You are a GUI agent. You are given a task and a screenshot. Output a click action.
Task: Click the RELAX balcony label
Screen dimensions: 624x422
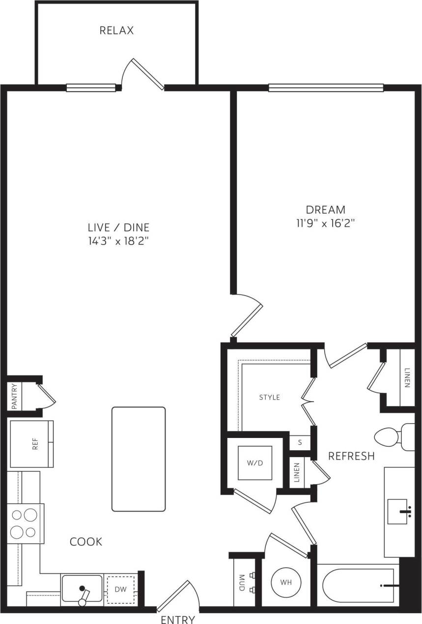(116, 30)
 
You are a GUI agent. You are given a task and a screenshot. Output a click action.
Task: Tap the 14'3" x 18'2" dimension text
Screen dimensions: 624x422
(118, 241)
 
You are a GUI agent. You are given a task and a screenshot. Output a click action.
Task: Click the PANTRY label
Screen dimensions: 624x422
(14, 396)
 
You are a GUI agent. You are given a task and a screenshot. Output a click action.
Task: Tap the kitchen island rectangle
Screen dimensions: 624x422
(139, 459)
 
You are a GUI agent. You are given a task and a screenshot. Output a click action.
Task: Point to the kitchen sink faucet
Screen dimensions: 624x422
(84, 594)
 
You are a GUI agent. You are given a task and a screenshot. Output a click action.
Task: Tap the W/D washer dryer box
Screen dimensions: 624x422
(255, 462)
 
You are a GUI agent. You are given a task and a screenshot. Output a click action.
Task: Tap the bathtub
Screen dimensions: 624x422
(357, 586)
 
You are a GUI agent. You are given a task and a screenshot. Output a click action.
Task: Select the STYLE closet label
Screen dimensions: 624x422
(269, 397)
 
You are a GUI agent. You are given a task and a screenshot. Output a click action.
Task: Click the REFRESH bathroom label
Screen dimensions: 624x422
(351, 456)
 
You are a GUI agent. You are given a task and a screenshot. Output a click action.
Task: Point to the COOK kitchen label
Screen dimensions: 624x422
(86, 542)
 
